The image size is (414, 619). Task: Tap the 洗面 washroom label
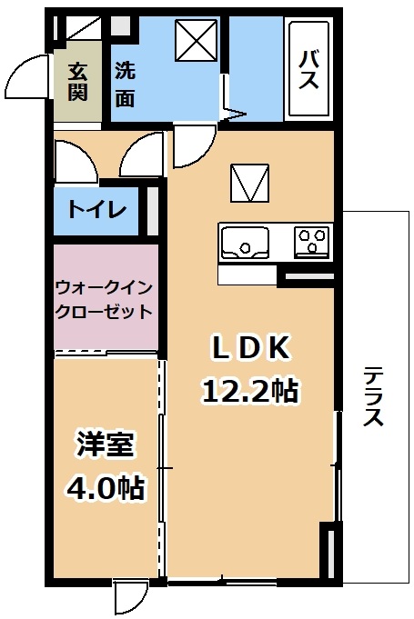(x=125, y=85)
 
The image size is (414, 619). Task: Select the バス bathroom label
(x=308, y=70)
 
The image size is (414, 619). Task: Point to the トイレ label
(x=96, y=209)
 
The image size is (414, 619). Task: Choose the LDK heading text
(x=249, y=348)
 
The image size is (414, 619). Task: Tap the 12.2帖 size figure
(x=250, y=391)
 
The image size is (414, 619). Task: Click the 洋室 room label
(x=106, y=444)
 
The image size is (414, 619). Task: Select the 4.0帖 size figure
(x=105, y=488)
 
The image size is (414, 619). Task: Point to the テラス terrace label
(x=373, y=396)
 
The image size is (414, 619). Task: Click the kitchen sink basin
(x=245, y=243)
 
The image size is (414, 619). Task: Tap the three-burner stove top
(x=312, y=243)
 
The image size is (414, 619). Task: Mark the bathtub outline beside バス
(x=309, y=69)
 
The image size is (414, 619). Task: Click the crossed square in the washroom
(x=197, y=41)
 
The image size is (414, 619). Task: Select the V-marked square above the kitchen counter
(x=250, y=183)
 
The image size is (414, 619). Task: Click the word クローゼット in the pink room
(x=105, y=312)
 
